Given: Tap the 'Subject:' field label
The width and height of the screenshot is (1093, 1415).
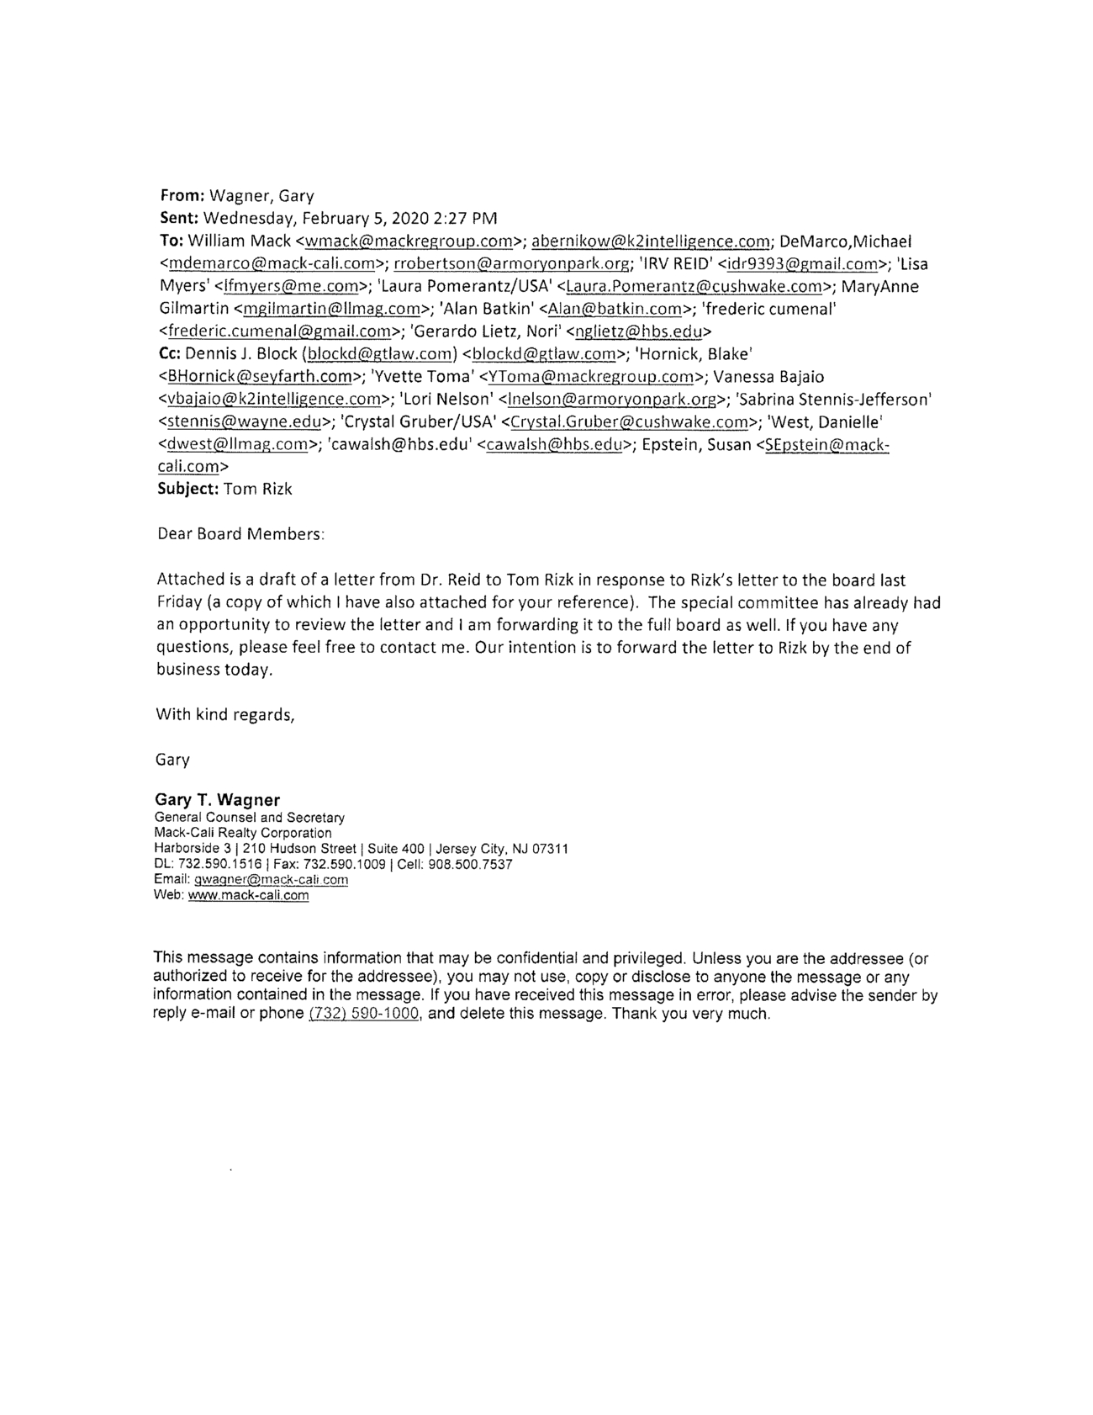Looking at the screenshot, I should point(187,489).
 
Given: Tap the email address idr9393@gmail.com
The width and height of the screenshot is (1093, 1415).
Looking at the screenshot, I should point(802,264).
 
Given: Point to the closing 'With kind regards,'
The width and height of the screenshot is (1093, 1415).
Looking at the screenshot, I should point(225,715).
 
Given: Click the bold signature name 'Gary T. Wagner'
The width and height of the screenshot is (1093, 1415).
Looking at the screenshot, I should point(217,799).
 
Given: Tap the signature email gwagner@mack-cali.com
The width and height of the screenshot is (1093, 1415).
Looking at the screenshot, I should point(271,880).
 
